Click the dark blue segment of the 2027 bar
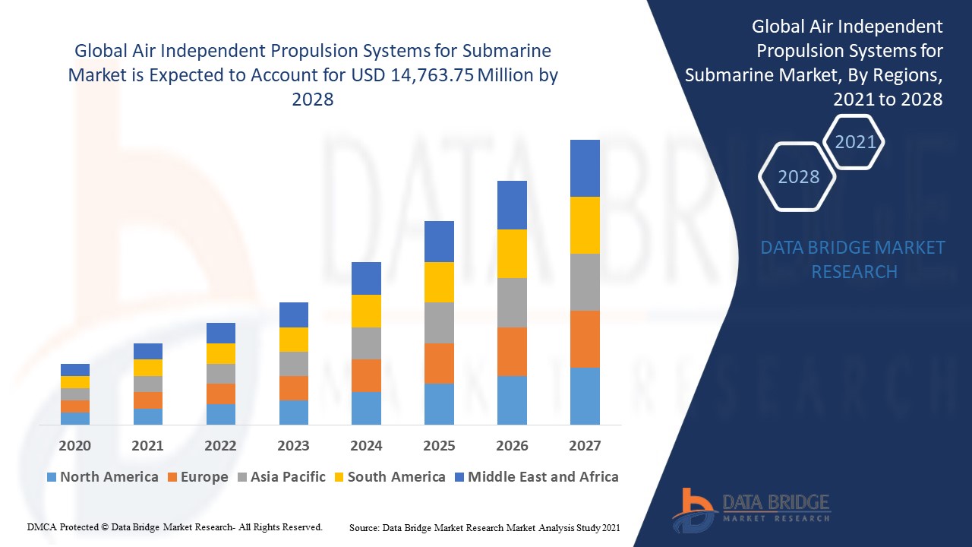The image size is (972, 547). (585, 168)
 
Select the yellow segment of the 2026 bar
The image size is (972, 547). (512, 254)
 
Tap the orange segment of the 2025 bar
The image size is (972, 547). (439, 363)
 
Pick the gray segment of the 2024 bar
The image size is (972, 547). (366, 343)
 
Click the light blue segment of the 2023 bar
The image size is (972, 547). (294, 412)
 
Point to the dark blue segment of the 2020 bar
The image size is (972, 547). (75, 370)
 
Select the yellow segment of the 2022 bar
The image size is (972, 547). (221, 353)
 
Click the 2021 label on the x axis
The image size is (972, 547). (147, 445)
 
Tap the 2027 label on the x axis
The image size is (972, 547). (585, 445)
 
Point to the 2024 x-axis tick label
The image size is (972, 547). (366, 445)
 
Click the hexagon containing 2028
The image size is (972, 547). (798, 176)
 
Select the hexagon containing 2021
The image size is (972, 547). (855, 142)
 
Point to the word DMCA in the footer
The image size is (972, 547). (42, 526)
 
